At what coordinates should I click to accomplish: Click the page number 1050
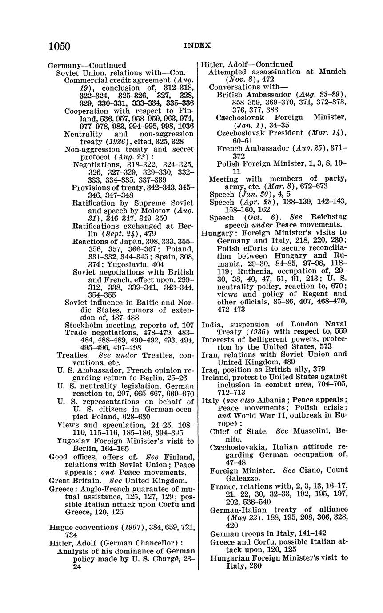pos(60,46)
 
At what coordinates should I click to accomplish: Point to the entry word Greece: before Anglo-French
pos(61,489)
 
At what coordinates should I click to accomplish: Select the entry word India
pos(211,324)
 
